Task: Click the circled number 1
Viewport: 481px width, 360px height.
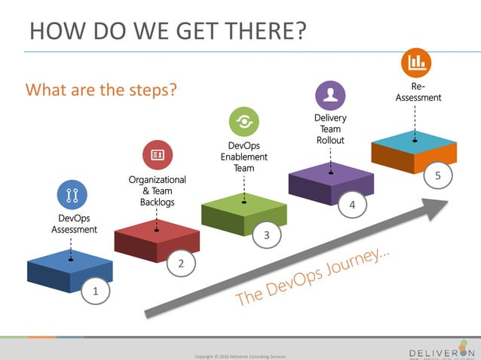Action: (x=95, y=290)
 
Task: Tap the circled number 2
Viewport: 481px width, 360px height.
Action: (x=181, y=263)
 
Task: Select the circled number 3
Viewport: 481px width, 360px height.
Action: (x=266, y=236)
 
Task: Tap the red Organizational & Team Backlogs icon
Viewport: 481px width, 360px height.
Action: (x=158, y=155)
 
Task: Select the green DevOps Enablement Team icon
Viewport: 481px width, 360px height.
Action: (x=243, y=121)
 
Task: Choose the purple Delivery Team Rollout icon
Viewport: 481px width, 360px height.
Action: (x=329, y=95)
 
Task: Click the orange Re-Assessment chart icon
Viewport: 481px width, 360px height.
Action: (x=415, y=63)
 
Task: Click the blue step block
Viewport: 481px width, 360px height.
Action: (x=69, y=274)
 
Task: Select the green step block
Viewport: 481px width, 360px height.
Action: (x=244, y=214)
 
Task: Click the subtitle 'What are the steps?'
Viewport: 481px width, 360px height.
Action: (x=101, y=90)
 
